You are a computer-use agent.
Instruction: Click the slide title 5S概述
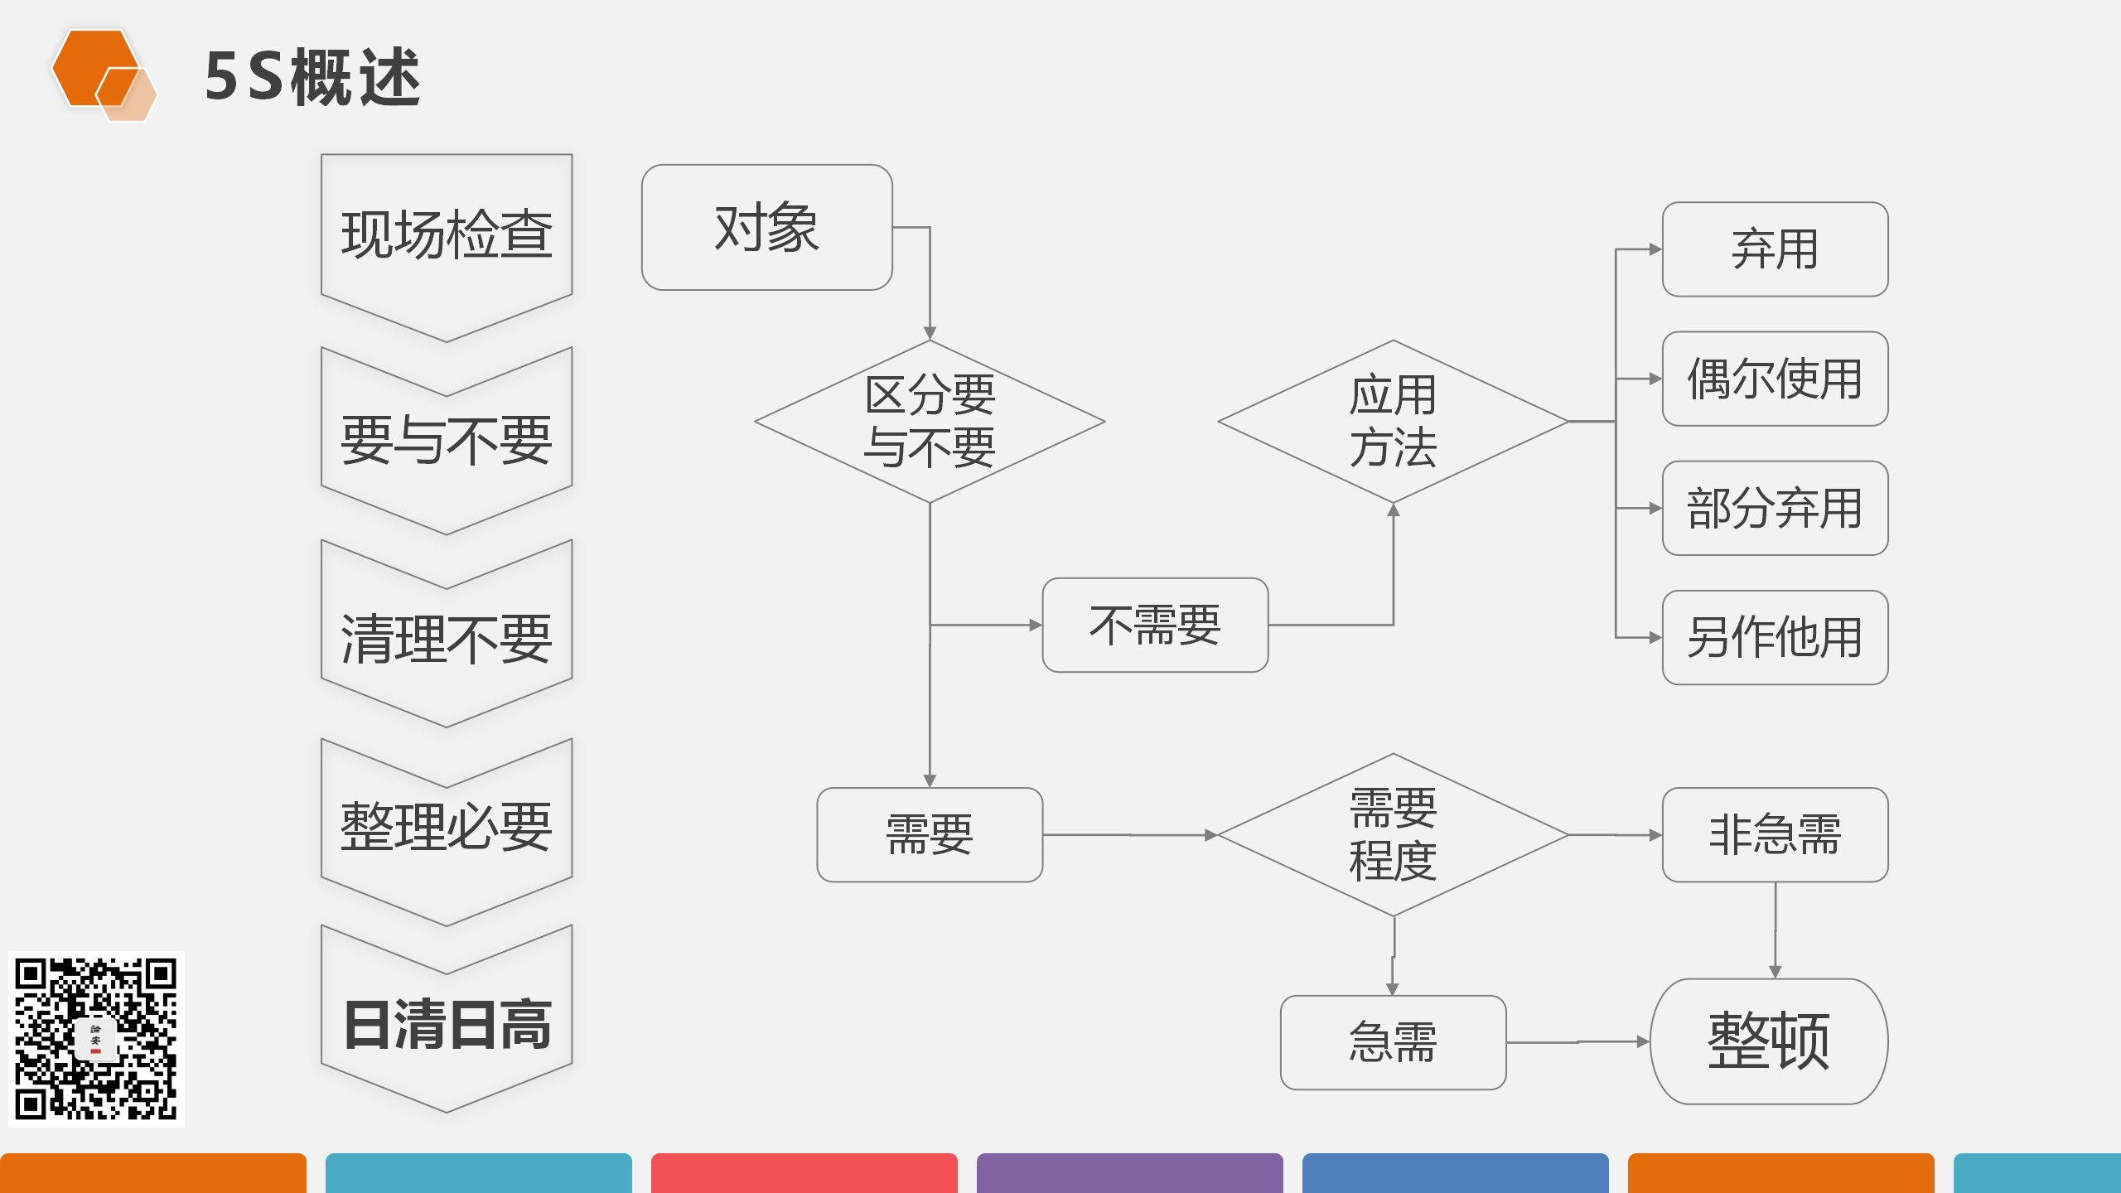[x=313, y=76]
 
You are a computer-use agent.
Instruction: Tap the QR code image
[x=96, y=1039]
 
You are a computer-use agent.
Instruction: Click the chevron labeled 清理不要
[x=447, y=638]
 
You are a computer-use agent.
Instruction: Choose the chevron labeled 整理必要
[x=447, y=827]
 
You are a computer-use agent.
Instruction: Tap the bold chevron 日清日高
[x=447, y=1024]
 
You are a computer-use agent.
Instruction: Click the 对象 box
[x=766, y=227]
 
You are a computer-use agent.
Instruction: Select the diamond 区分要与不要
[x=929, y=421]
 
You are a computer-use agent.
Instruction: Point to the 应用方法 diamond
[x=1393, y=421]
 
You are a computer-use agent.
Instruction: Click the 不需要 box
[x=1155, y=625]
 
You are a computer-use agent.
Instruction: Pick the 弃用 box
[x=1775, y=249]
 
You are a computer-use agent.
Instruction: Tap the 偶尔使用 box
[x=1775, y=379]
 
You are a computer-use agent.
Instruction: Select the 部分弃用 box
[x=1775, y=508]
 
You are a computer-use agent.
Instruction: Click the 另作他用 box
[x=1775, y=637]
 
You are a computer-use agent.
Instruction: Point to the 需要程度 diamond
[x=1393, y=834]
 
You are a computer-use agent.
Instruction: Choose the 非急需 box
[x=1775, y=834]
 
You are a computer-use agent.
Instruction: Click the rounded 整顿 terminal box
[x=1769, y=1041]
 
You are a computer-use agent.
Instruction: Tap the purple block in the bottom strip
[x=1129, y=1173]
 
